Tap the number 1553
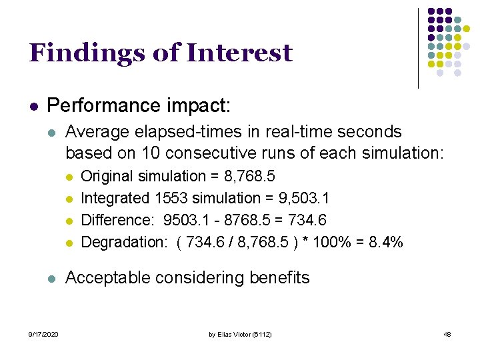click(171, 198)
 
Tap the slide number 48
click(447, 334)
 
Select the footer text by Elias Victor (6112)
click(240, 334)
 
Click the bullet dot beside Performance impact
click(33, 106)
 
